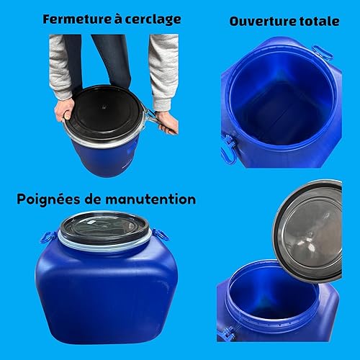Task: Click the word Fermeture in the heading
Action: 77,19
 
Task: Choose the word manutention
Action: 150,199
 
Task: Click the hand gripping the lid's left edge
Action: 64,110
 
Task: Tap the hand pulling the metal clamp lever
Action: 167,123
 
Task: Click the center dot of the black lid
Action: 104,107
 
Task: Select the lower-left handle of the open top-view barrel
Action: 228,149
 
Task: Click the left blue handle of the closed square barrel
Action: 48,237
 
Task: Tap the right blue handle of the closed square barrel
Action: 161,235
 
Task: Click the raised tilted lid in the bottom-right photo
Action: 308,231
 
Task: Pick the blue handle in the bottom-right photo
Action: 226,333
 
